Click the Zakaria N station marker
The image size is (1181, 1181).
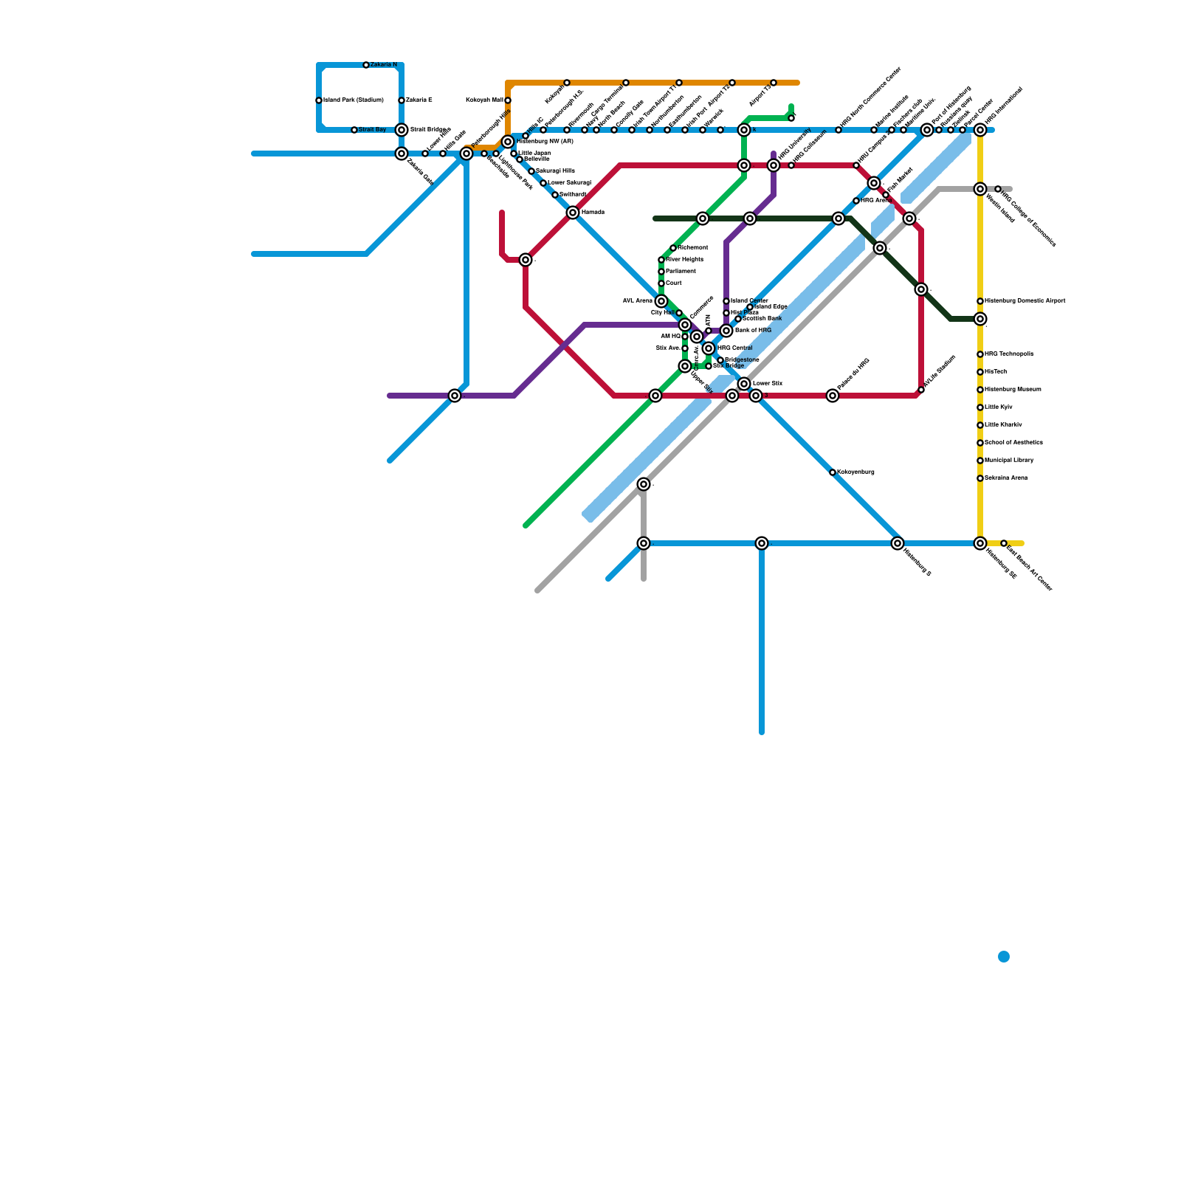point(366,65)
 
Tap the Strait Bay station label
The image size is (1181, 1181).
point(372,130)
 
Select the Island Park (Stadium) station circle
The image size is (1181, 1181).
point(319,100)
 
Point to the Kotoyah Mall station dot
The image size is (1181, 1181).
point(508,100)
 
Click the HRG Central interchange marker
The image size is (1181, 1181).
point(709,348)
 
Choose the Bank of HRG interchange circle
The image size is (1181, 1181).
point(726,331)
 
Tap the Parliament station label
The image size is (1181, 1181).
point(681,272)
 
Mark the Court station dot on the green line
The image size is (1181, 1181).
point(661,283)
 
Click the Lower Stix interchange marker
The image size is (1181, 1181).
point(744,384)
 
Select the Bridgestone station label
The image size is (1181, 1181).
point(742,360)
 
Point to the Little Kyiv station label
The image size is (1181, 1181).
point(998,407)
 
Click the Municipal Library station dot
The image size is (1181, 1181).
point(980,461)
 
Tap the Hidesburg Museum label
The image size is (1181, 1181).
point(1013,390)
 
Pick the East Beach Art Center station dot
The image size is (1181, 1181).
point(1004,543)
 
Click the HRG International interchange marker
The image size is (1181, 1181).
point(980,130)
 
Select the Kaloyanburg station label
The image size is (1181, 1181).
point(855,472)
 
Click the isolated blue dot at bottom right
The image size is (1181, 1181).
point(1004,957)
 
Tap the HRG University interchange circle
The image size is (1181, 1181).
point(774,165)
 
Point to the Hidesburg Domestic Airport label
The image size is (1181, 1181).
point(1025,301)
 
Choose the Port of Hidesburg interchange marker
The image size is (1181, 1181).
point(927,130)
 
